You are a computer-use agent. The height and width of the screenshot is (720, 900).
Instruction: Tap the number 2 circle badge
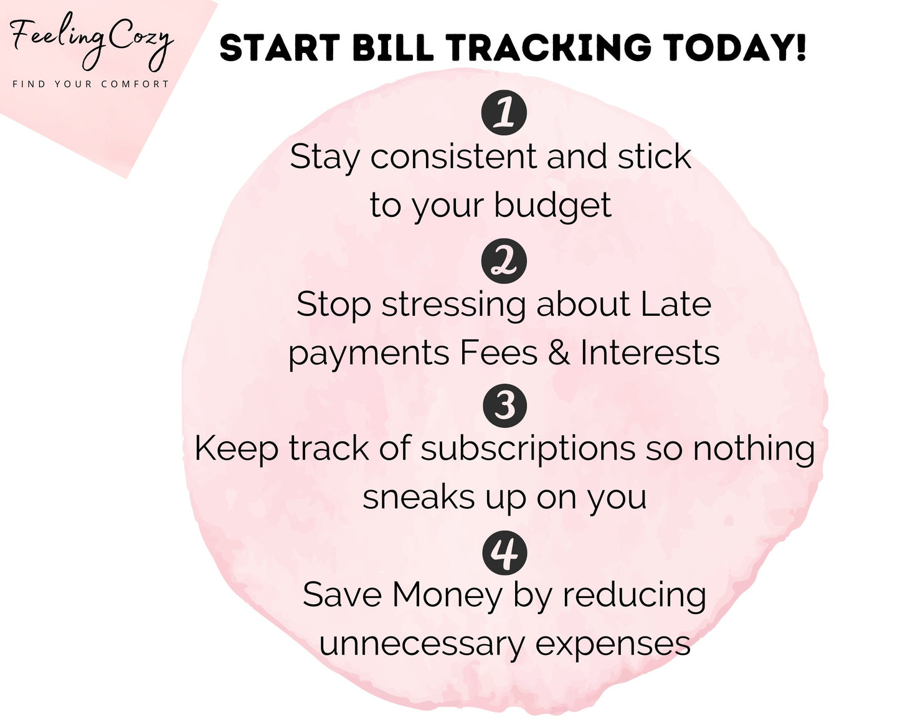point(503,261)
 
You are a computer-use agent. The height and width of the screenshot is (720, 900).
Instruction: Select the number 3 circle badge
point(504,405)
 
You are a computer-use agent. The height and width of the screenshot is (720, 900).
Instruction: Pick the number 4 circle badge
point(504,552)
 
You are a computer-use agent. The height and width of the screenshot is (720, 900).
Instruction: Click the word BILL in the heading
point(393,47)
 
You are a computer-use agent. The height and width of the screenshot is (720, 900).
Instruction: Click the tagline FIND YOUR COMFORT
point(90,84)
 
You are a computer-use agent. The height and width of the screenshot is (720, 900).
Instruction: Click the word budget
point(553,206)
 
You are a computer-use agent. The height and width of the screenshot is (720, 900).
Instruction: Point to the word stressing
point(453,305)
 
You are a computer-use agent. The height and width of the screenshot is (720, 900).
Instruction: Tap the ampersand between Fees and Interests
point(559,353)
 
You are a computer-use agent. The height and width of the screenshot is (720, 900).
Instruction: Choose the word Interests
point(650,353)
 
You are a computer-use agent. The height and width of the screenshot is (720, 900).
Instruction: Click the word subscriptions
point(528,450)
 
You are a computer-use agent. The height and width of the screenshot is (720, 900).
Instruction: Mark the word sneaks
point(419,497)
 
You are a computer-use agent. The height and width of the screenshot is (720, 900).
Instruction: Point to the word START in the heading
point(280,47)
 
